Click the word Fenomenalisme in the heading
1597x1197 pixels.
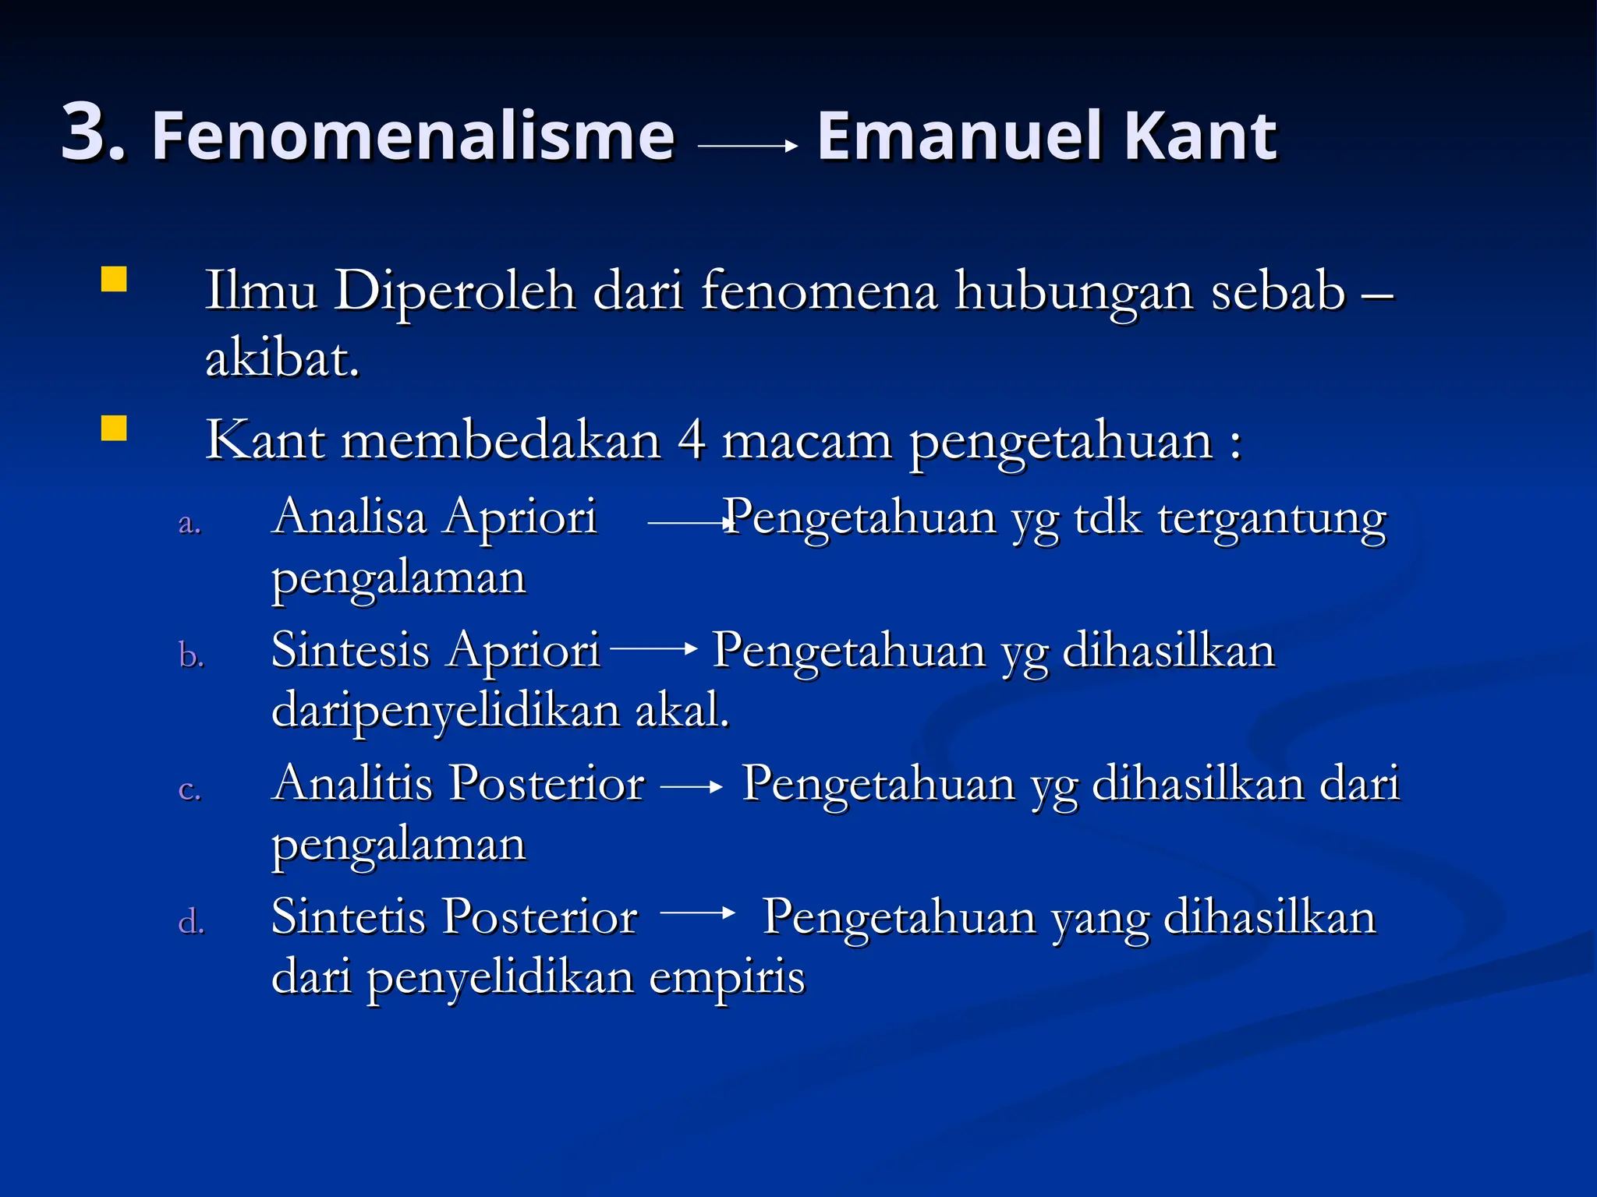tap(413, 136)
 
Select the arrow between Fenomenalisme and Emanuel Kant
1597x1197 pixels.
tap(747, 145)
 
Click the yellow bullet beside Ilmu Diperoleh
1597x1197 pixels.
tap(114, 279)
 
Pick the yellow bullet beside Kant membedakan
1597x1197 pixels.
tap(114, 429)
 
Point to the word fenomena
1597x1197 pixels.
tap(819, 291)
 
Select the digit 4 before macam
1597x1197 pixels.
tap(692, 441)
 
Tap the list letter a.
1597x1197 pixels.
tap(189, 523)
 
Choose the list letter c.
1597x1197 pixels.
tap(189, 789)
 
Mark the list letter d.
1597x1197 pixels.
tap(191, 922)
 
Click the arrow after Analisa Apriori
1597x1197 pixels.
tap(691, 524)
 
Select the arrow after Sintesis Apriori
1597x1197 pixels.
tap(653, 648)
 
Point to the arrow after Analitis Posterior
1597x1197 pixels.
tap(692, 788)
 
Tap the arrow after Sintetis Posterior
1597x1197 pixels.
tap(697, 913)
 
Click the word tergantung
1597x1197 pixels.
tap(1272, 519)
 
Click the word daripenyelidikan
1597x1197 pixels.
tap(444, 711)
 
